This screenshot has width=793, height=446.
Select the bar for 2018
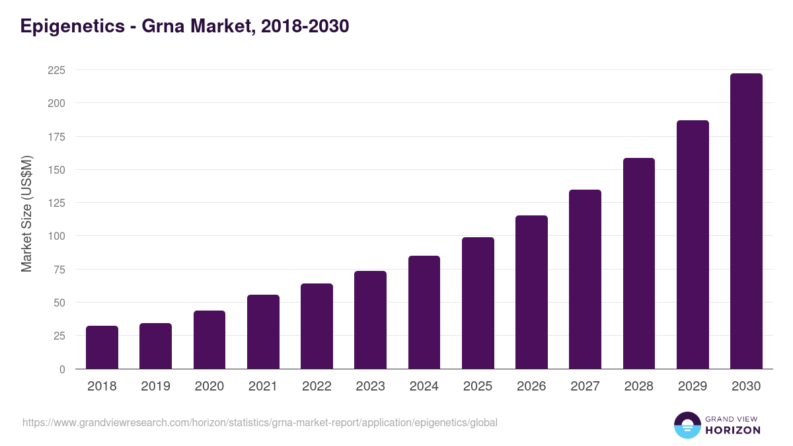click(102, 348)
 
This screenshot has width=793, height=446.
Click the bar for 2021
click(263, 332)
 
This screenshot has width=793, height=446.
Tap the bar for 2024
click(424, 313)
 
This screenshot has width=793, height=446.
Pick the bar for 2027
click(585, 279)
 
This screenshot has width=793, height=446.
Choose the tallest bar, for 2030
click(746, 221)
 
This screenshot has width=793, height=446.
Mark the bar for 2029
click(693, 244)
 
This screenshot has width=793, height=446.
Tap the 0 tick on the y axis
click(62, 369)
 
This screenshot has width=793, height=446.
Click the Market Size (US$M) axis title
click(26, 213)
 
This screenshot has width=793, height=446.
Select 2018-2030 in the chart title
click(305, 26)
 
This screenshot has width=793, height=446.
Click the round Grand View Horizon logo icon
click(687, 425)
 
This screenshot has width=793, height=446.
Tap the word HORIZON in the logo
click(733, 430)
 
